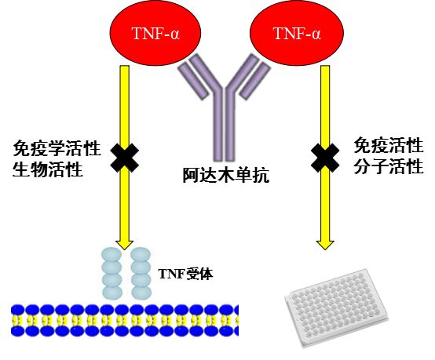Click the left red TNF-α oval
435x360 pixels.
pos(155,33)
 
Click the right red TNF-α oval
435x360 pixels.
pos(297,33)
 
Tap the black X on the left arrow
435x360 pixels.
pos(125,158)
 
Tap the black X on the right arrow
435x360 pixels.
pos(325,158)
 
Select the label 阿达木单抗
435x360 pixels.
pos(226,175)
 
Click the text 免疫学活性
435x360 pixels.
pos(57,148)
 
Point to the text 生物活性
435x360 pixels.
pos(48,169)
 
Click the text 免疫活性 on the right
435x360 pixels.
pos(389,145)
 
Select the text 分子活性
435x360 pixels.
pos(389,166)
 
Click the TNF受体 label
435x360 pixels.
pos(185,274)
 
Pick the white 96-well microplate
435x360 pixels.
pos(337,307)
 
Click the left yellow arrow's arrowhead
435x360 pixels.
pos(125,243)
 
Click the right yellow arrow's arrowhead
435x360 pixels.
pos(325,243)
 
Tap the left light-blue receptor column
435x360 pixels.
pos(111,274)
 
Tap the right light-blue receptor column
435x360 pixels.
pos(141,274)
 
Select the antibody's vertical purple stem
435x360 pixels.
pos(224,125)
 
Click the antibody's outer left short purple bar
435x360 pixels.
pos(193,80)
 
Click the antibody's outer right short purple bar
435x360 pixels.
pos(255,80)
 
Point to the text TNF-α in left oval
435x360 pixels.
pos(156,34)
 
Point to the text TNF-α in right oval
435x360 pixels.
pos(297,34)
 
